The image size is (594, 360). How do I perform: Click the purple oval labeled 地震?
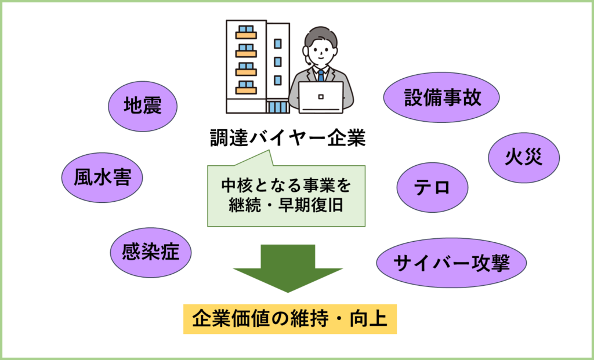pyautogui.click(x=143, y=106)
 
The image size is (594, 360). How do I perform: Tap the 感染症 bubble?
pyautogui.click(x=150, y=252)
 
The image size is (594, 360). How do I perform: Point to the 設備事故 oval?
pyautogui.click(x=442, y=97)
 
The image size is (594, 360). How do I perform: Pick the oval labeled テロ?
pyautogui.click(x=432, y=187)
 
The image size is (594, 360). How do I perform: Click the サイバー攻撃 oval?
pyautogui.click(x=451, y=263)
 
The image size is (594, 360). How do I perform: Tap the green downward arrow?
pyautogui.click(x=288, y=267)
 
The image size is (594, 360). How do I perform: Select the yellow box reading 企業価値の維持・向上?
pyautogui.click(x=289, y=319)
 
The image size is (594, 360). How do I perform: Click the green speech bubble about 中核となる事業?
pyautogui.click(x=287, y=195)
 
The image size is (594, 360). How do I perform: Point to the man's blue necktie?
pyautogui.click(x=320, y=75)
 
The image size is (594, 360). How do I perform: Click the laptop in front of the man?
pyautogui.click(x=321, y=96)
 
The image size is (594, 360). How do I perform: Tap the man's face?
pyautogui.click(x=320, y=52)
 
